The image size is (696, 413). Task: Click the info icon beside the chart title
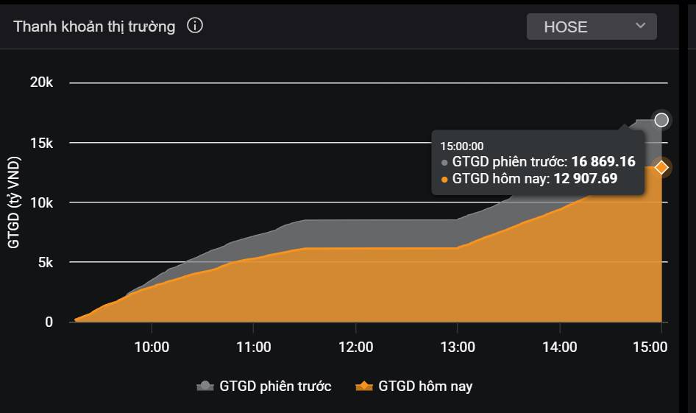(x=195, y=25)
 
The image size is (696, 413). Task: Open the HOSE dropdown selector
(x=592, y=27)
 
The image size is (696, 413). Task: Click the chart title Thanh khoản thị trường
(x=94, y=27)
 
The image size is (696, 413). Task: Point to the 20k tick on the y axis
(x=41, y=82)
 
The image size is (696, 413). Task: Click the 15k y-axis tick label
(x=41, y=143)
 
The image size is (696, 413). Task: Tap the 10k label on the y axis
(x=41, y=203)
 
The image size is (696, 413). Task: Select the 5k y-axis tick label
(x=46, y=263)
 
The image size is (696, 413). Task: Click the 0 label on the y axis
(x=49, y=322)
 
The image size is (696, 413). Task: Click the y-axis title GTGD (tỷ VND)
(x=14, y=202)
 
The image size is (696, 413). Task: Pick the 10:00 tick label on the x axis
(x=152, y=347)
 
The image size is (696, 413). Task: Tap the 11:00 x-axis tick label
(x=253, y=347)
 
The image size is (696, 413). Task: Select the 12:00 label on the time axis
(x=355, y=347)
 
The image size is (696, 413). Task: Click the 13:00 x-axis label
(x=458, y=347)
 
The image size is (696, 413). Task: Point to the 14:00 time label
(x=560, y=347)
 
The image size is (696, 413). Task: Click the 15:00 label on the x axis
(x=650, y=347)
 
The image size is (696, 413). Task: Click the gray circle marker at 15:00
(x=661, y=120)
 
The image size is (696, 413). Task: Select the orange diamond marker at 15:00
(x=661, y=167)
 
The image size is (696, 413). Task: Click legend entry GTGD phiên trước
(x=264, y=386)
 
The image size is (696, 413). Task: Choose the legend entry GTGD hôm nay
(x=414, y=386)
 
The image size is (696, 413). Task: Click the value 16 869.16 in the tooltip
(x=603, y=161)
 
